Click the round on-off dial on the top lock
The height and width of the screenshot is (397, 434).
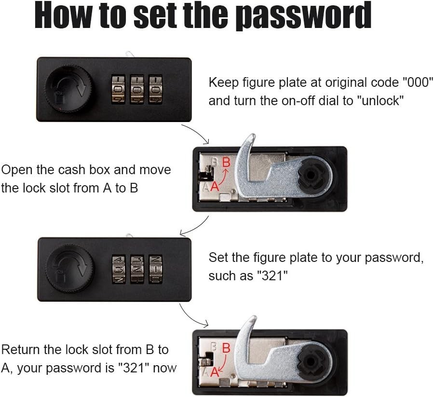click(x=69, y=89)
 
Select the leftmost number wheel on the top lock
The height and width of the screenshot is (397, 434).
click(x=118, y=89)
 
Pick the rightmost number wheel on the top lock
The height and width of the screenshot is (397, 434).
click(x=156, y=89)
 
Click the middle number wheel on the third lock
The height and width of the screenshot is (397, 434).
click(x=137, y=269)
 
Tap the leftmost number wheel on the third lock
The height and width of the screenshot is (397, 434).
click(x=119, y=269)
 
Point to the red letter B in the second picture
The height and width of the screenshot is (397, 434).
click(x=227, y=162)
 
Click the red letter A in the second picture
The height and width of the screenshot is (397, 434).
click(x=215, y=186)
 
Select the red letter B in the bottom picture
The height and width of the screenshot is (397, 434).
click(x=226, y=348)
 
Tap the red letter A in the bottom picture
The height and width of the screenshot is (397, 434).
click(x=215, y=372)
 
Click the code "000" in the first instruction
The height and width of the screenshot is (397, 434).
click(x=417, y=82)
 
